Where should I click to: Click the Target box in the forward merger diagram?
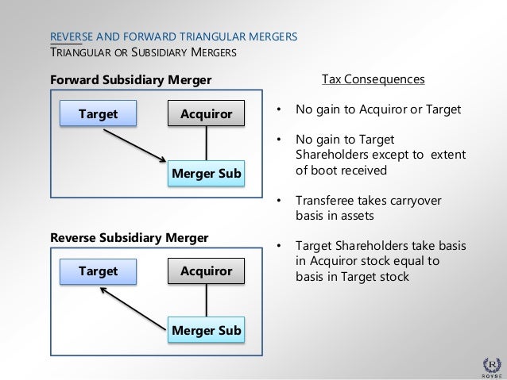tap(98, 114)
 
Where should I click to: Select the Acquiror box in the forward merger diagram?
tap(207, 114)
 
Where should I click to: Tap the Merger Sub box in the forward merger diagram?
tap(207, 173)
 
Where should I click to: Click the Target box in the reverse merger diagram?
tap(98, 271)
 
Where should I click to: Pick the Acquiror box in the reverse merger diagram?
tap(207, 271)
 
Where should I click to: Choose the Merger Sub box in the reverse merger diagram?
tap(207, 330)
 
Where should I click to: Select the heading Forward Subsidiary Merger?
tap(130, 80)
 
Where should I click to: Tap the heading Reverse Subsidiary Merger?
tap(129, 237)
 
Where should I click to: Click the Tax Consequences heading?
tap(373, 80)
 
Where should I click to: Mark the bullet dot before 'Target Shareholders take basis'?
tap(278, 245)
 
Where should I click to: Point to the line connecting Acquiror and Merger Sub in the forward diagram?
tap(207, 144)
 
